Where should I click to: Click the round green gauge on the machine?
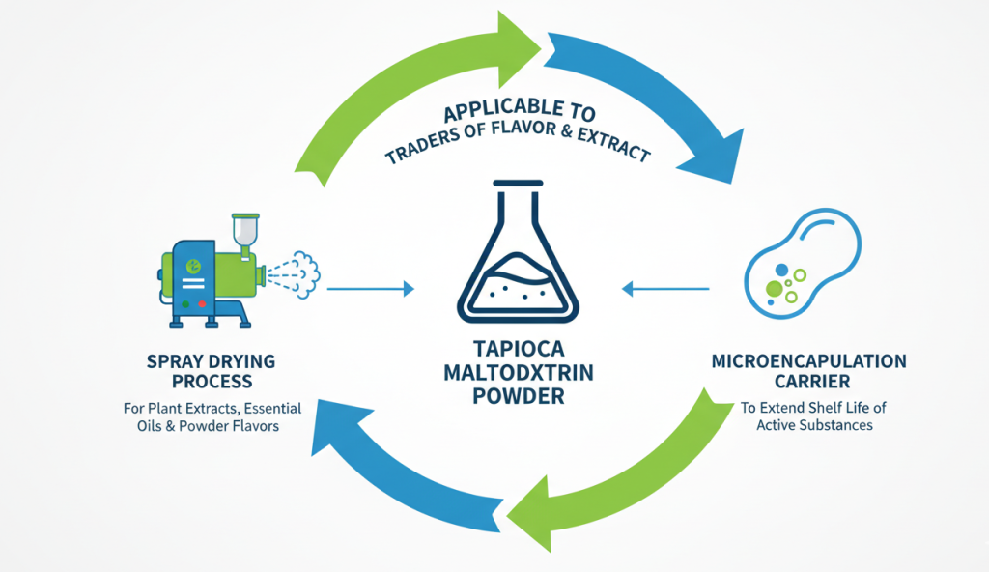(194, 264)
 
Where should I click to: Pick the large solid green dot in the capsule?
(775, 288)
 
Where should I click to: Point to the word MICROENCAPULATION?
(808, 361)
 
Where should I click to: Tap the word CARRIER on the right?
(808, 382)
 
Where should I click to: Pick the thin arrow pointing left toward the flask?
(665, 288)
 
